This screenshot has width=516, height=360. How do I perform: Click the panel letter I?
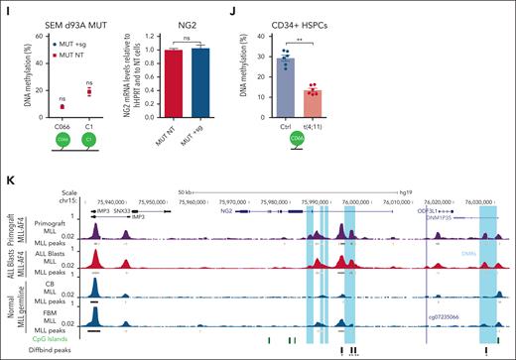click(6, 8)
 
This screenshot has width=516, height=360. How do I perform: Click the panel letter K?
click(7, 179)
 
